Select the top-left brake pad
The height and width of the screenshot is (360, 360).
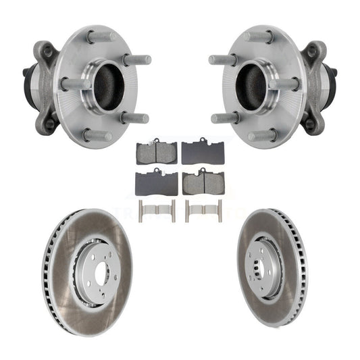point(157,153)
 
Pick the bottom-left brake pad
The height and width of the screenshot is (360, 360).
point(157,182)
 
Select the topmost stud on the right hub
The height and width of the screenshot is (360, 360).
point(260,35)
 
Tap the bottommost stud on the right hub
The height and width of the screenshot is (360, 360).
point(263,136)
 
